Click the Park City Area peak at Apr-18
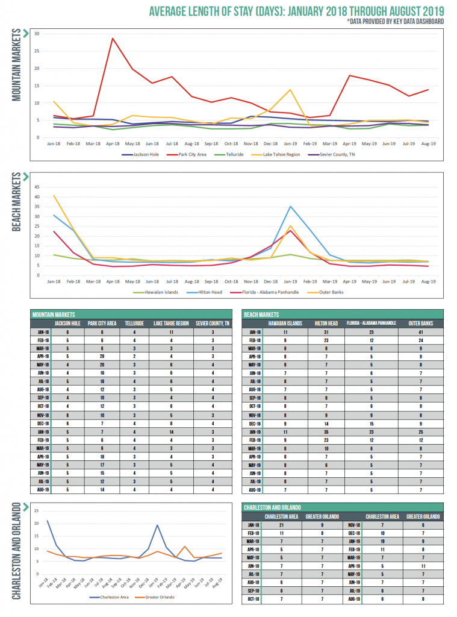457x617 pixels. (x=113, y=39)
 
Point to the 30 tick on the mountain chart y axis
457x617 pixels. (x=37, y=34)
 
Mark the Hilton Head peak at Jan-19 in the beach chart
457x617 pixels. (x=291, y=207)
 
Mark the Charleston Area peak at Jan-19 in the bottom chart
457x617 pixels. (x=157, y=525)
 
